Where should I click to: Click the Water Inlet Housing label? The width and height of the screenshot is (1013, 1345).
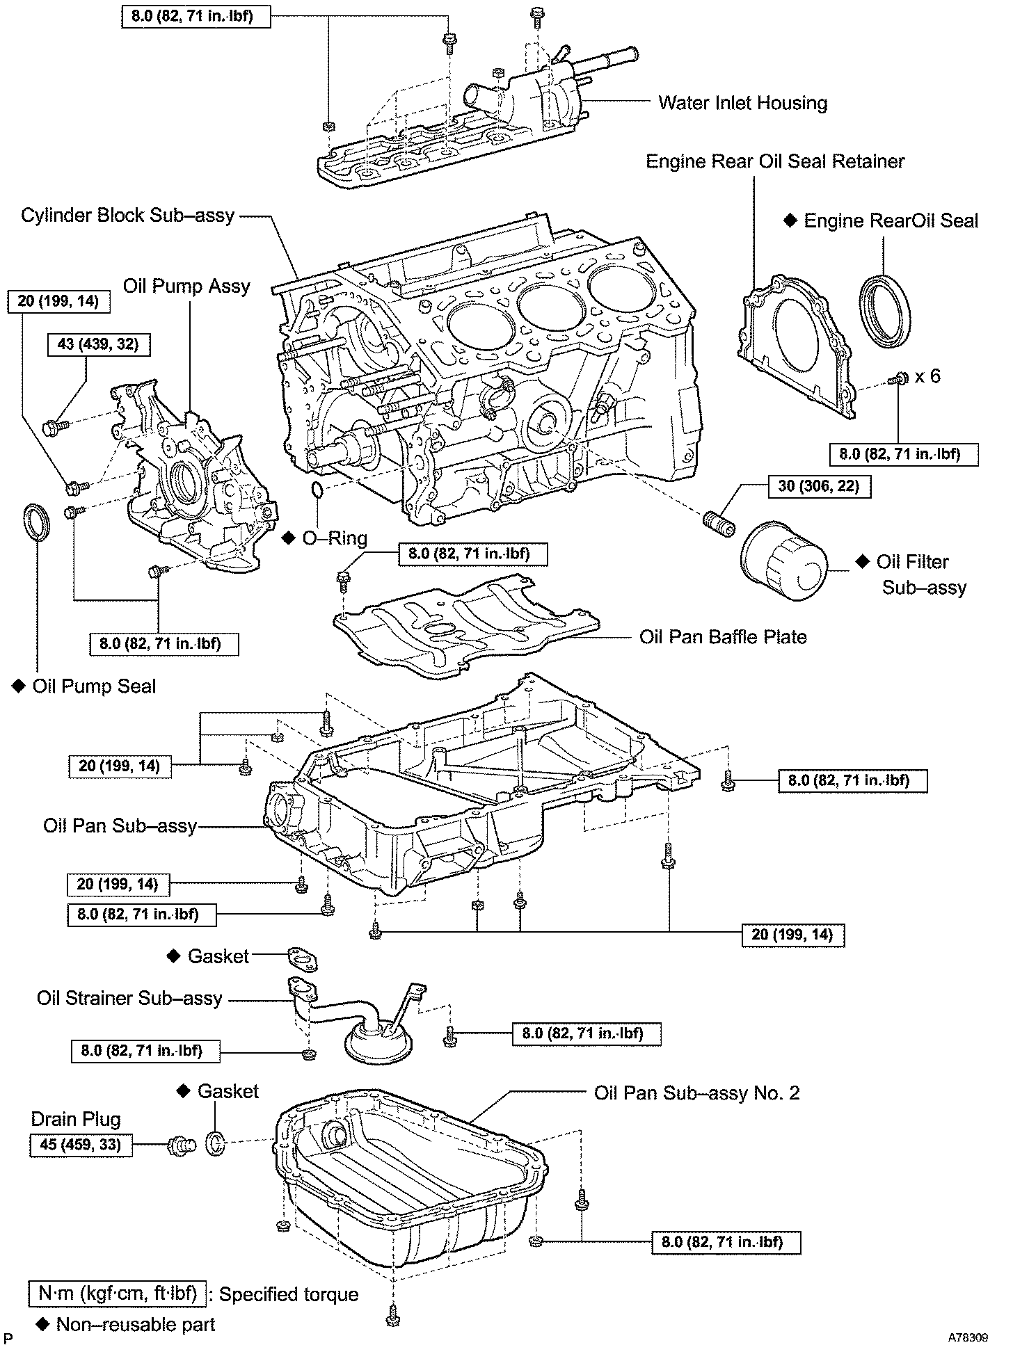pos(742,104)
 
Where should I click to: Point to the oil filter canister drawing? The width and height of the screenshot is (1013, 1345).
pos(785,563)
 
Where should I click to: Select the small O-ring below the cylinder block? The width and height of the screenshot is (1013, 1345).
pos(316,490)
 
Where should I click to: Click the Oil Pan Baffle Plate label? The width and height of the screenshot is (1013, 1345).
pos(723,637)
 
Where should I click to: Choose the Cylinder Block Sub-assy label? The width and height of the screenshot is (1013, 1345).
pos(128,216)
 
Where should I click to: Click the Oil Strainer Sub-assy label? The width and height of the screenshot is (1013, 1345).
pos(129,999)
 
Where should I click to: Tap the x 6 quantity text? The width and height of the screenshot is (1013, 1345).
pos(927,376)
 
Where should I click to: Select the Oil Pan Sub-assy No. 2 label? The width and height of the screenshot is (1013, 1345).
pos(696,1093)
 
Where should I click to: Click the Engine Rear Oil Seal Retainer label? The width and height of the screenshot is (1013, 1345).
pos(775,162)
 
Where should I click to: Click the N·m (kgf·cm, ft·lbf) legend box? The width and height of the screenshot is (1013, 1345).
pos(118,1294)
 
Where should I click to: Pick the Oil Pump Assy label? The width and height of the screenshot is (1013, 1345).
pos(186,287)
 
